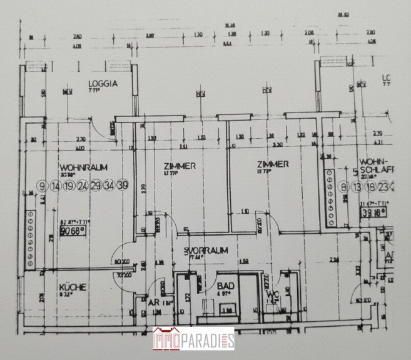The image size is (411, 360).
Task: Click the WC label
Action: [x=272, y=294]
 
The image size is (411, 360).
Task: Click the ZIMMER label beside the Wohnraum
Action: [x=180, y=166]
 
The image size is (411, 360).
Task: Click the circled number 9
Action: [x=43, y=185]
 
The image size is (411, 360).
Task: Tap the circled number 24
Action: [x=83, y=185]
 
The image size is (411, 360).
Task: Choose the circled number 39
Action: [x=123, y=185]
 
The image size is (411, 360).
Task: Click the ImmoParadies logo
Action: [x=193, y=339]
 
